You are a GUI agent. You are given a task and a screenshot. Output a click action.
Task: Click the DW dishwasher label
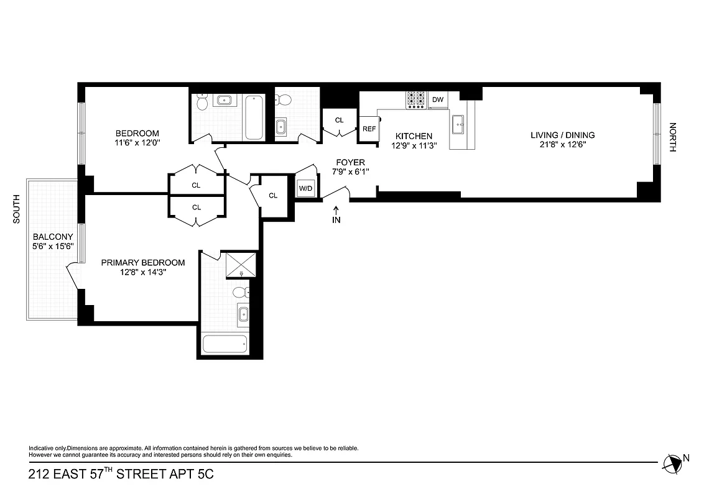point(438,99)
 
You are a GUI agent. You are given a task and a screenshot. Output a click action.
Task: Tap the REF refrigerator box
point(369,129)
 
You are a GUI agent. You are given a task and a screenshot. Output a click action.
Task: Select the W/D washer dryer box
point(305,188)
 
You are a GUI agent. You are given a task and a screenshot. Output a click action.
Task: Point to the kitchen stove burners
point(415,99)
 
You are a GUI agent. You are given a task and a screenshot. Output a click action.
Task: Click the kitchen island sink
point(460,124)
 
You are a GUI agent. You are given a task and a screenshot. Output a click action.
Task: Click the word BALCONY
point(53,237)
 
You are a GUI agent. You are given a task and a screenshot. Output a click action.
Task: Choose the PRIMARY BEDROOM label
point(143,262)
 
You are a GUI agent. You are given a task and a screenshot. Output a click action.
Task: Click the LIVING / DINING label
point(562,135)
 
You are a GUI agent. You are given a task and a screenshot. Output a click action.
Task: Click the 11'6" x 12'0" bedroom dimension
point(137,142)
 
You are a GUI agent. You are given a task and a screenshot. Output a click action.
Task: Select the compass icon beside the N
point(672,462)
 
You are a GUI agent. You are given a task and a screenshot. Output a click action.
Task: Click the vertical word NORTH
point(672,137)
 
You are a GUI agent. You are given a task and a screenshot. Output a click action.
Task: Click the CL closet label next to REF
point(339,120)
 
